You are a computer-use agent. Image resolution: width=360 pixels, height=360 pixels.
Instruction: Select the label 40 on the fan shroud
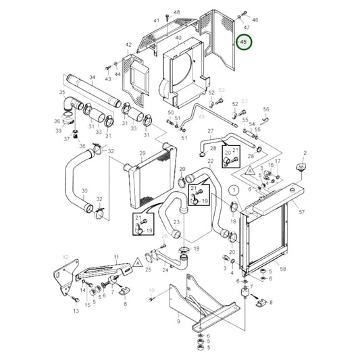point(178,38)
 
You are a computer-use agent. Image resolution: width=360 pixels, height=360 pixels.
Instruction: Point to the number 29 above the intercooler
point(142,153)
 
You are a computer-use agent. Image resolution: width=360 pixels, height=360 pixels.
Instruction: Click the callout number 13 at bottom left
point(76,312)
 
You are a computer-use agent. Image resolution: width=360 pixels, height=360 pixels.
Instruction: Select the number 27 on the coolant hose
point(210,130)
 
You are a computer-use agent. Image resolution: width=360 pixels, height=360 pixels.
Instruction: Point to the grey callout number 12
point(66,257)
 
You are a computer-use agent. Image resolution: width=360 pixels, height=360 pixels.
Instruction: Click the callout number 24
point(165,270)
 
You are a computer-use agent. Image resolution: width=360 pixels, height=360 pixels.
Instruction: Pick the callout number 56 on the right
point(266,109)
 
